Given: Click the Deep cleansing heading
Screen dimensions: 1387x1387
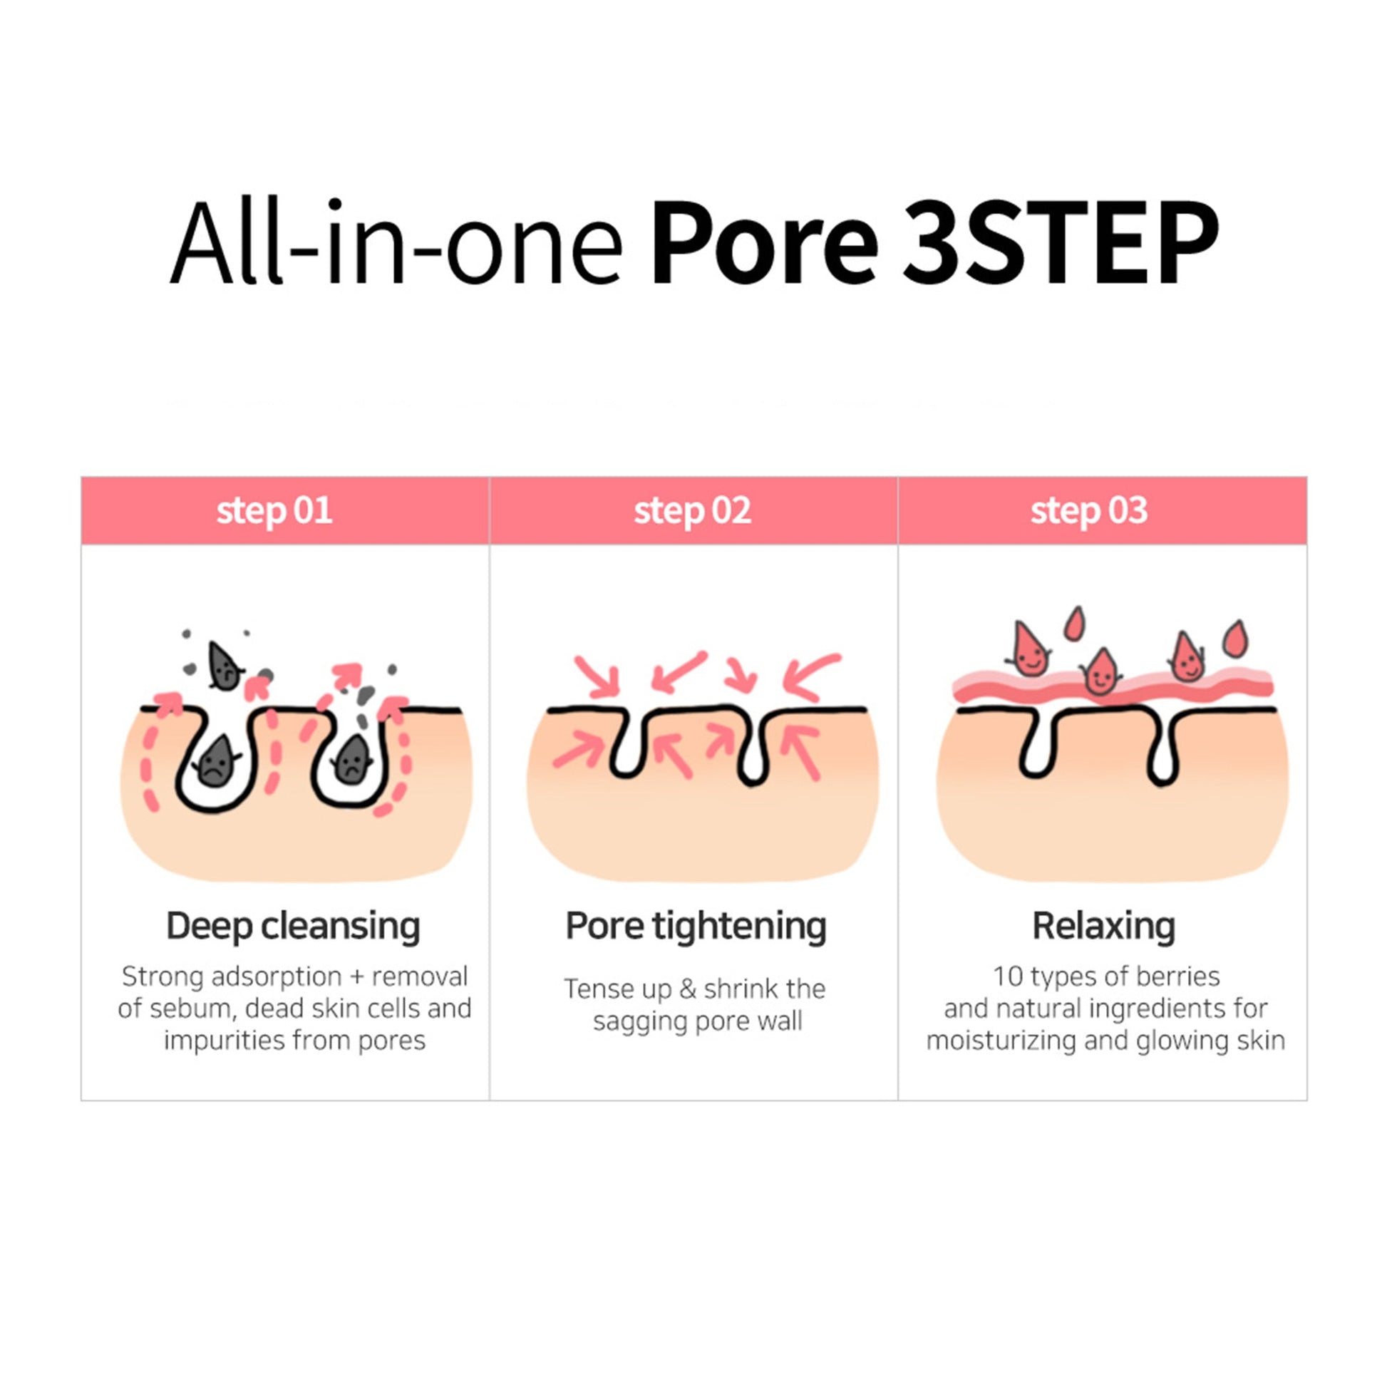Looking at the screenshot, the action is [x=293, y=927].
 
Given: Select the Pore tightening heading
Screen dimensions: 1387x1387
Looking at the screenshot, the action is [x=696, y=927].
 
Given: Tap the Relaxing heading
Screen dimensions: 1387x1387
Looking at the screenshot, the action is [x=1103, y=927].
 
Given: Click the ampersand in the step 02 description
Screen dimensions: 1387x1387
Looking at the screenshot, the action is [x=688, y=989].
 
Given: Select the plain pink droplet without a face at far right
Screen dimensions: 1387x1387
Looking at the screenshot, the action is [x=1234, y=638].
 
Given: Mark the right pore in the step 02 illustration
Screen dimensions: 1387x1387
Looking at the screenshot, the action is [x=753, y=751].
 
